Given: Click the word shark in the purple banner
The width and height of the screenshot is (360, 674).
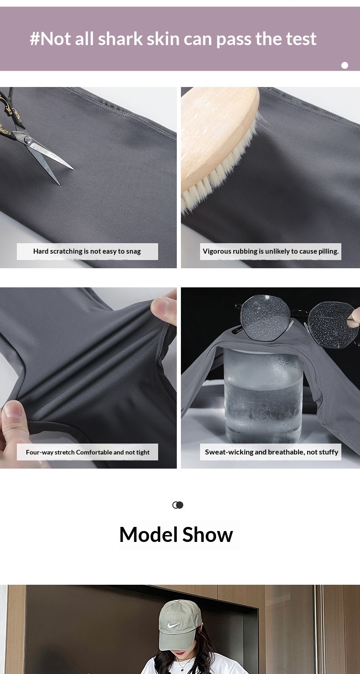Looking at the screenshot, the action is tap(120, 39).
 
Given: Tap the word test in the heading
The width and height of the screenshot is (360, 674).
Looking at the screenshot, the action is tap(301, 39).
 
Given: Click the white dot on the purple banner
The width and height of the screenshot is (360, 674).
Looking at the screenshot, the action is tap(345, 65).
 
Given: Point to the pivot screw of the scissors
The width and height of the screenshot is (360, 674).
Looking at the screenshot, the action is tap(28, 140).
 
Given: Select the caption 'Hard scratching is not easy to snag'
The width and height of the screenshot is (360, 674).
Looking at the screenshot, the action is tap(87, 251).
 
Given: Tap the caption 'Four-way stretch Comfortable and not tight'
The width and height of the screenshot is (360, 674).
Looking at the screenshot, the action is tap(87, 452).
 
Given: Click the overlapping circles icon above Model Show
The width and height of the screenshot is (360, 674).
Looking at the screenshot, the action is tap(178, 505).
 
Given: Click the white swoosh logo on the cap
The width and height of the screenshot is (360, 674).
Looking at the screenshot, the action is tap(174, 625).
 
